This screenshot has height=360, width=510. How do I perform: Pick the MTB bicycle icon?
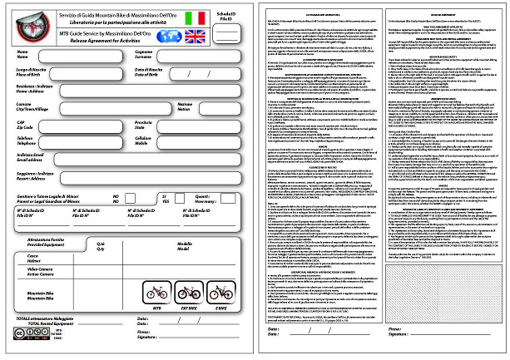[156, 293]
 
